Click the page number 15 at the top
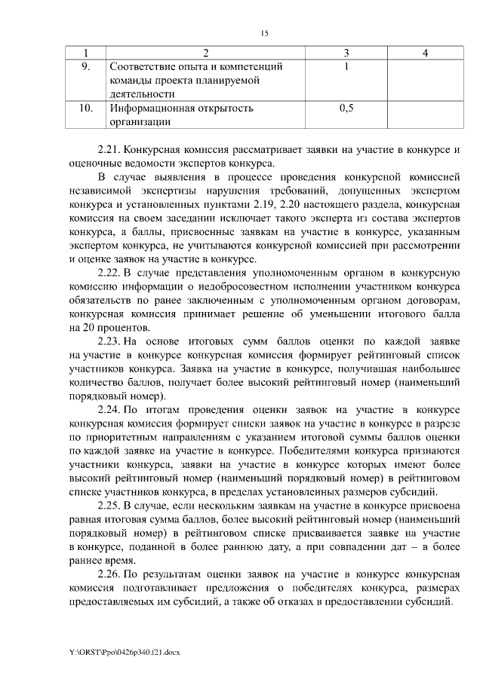pos(264,33)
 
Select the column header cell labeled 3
pos(346,54)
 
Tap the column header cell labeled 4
pos(425,54)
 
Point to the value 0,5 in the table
pos(346,109)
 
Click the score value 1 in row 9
pos(346,67)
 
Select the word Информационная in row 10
pos(149,109)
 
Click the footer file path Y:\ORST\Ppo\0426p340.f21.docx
pos(124,650)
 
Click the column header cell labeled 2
pos(205,54)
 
